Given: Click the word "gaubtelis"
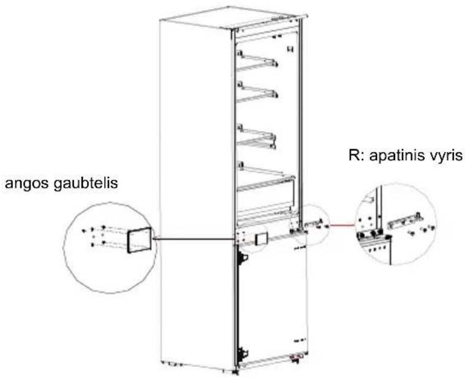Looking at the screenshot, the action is tap(86, 183).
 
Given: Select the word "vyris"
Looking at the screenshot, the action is tap(448, 156).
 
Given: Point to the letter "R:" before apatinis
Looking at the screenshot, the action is tap(357, 155).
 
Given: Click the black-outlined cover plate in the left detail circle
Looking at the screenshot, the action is tap(140, 240).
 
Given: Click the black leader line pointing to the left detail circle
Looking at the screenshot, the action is tap(194, 239).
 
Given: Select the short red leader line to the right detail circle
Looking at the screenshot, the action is tap(342, 225).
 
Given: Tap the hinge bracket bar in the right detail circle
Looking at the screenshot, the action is tap(406, 221).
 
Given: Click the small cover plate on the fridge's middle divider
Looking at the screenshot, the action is tap(261, 239).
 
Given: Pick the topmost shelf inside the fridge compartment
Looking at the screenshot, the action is tap(257, 62).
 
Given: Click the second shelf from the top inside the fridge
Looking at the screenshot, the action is tap(257, 92).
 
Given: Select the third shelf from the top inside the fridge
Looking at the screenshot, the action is tap(257, 137).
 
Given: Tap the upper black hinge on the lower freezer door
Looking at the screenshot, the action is tap(243, 258).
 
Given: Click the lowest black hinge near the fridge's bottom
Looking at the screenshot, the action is tap(243, 352).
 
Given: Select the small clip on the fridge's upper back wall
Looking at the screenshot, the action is tap(289, 49).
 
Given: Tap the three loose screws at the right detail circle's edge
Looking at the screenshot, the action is tap(422, 231).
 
